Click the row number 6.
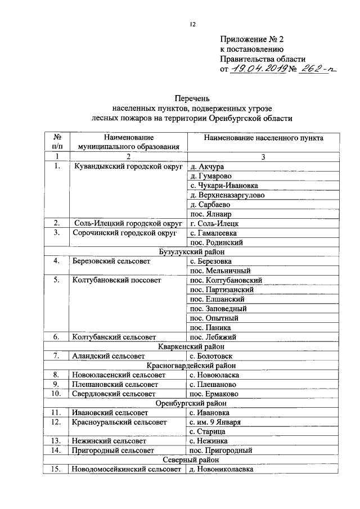pyautogui.click(x=57, y=337)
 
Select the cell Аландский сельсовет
pyautogui.click(x=107, y=356)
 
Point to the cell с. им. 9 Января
pyautogui.click(x=216, y=422)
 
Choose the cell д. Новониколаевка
pyautogui.click(x=222, y=469)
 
